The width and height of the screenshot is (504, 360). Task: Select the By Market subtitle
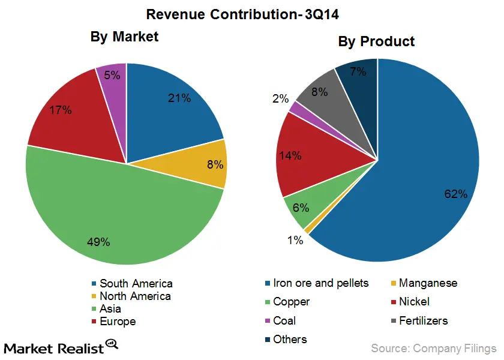(x=124, y=37)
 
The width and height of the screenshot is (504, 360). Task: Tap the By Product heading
(x=376, y=41)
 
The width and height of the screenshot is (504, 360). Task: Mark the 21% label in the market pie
(x=179, y=98)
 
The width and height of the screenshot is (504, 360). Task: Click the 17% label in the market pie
(x=61, y=110)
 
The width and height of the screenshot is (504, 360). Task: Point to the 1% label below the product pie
(x=295, y=240)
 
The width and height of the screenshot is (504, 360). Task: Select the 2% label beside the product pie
(x=280, y=98)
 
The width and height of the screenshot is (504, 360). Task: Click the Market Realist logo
(x=60, y=347)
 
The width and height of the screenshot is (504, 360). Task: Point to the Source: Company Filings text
(x=433, y=348)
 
